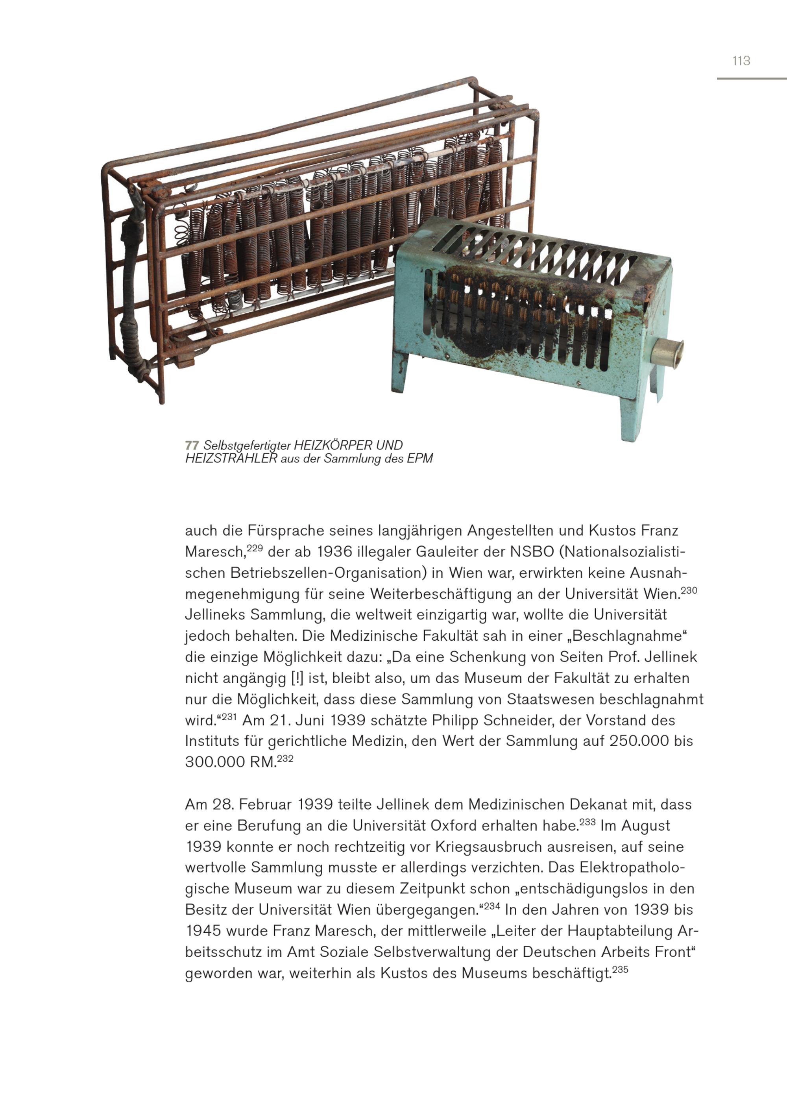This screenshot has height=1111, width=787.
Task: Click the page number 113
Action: (741, 61)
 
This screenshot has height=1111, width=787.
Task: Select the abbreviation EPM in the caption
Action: (420, 458)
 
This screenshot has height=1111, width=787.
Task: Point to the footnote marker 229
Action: (255, 548)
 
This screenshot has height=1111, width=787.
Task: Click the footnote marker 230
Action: (689, 590)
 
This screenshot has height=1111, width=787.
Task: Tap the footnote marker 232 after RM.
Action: (285, 758)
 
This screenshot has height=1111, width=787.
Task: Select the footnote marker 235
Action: (620, 969)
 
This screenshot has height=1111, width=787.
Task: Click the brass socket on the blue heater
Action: (667, 352)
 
